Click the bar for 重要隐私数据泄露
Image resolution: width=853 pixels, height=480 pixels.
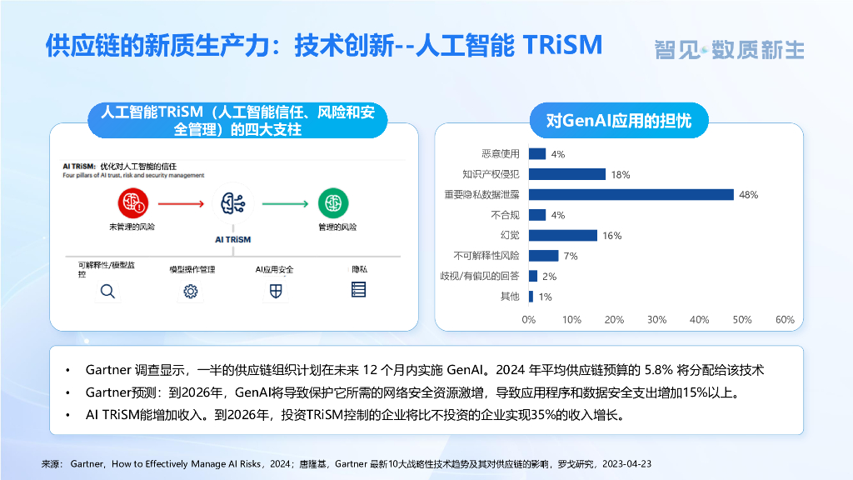coord(631,195)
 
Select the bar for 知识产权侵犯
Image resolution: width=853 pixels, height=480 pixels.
coord(566,174)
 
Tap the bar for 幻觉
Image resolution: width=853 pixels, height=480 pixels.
coord(562,236)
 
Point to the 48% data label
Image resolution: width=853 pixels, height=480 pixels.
coord(748,195)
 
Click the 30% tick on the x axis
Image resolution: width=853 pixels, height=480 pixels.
coord(656,320)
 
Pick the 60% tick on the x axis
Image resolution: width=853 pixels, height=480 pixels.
coord(785,320)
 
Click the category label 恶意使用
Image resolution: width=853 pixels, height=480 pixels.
coord(500,154)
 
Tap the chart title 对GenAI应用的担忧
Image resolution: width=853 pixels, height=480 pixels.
coord(618,121)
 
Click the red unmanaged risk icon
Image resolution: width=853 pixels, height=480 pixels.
coord(132,202)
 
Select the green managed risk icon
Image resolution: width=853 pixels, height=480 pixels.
coord(333,202)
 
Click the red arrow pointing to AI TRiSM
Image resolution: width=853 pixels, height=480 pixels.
coord(181,202)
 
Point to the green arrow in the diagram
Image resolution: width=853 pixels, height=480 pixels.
coord(284,202)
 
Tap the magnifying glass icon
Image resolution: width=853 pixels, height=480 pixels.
coord(107,291)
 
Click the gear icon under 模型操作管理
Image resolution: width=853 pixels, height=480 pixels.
coord(191,291)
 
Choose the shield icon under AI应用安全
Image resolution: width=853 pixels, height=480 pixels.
coord(275,291)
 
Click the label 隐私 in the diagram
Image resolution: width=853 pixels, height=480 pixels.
coord(359,269)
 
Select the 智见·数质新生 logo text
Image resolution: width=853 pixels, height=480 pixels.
coord(729,50)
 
